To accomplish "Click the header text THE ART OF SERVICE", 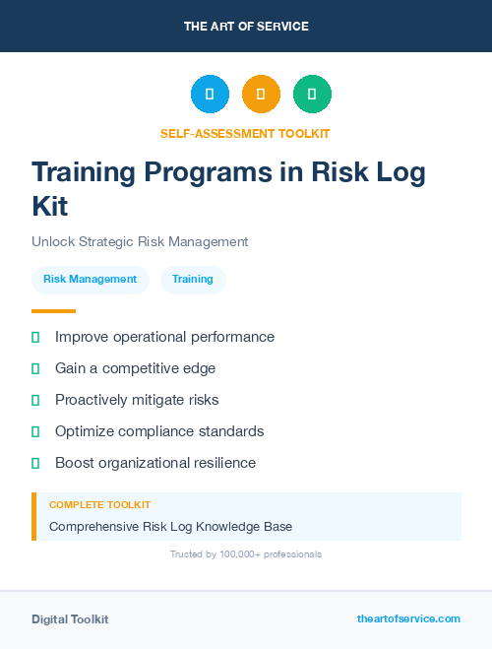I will pyautogui.click(x=246, y=27).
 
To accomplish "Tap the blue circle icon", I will pyautogui.click(x=210, y=95).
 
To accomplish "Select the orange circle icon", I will pyautogui.click(x=261, y=95).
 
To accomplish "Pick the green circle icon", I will pyautogui.click(x=312, y=95).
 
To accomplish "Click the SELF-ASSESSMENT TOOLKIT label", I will pyautogui.click(x=246, y=133).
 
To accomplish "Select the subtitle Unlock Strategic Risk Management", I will pyautogui.click(x=140, y=241).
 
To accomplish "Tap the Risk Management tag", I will pyautogui.click(x=91, y=280).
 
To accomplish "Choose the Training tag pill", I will pyautogui.click(x=193, y=280).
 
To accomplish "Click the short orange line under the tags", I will pyautogui.click(x=53, y=311).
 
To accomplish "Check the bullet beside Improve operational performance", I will pyautogui.click(x=35, y=337).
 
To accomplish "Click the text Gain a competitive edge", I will pyautogui.click(x=135, y=368).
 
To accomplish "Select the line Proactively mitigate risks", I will pyautogui.click(x=137, y=400).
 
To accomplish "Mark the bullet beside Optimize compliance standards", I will pyautogui.click(x=35, y=431).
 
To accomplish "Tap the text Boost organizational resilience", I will pyautogui.click(x=154, y=463).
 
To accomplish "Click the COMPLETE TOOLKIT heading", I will pyautogui.click(x=99, y=504).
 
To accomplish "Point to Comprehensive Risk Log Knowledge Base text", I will pyautogui.click(x=170, y=526).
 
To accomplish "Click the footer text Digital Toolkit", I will pyautogui.click(x=70, y=619).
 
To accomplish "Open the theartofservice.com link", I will pyautogui.click(x=408, y=618).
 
